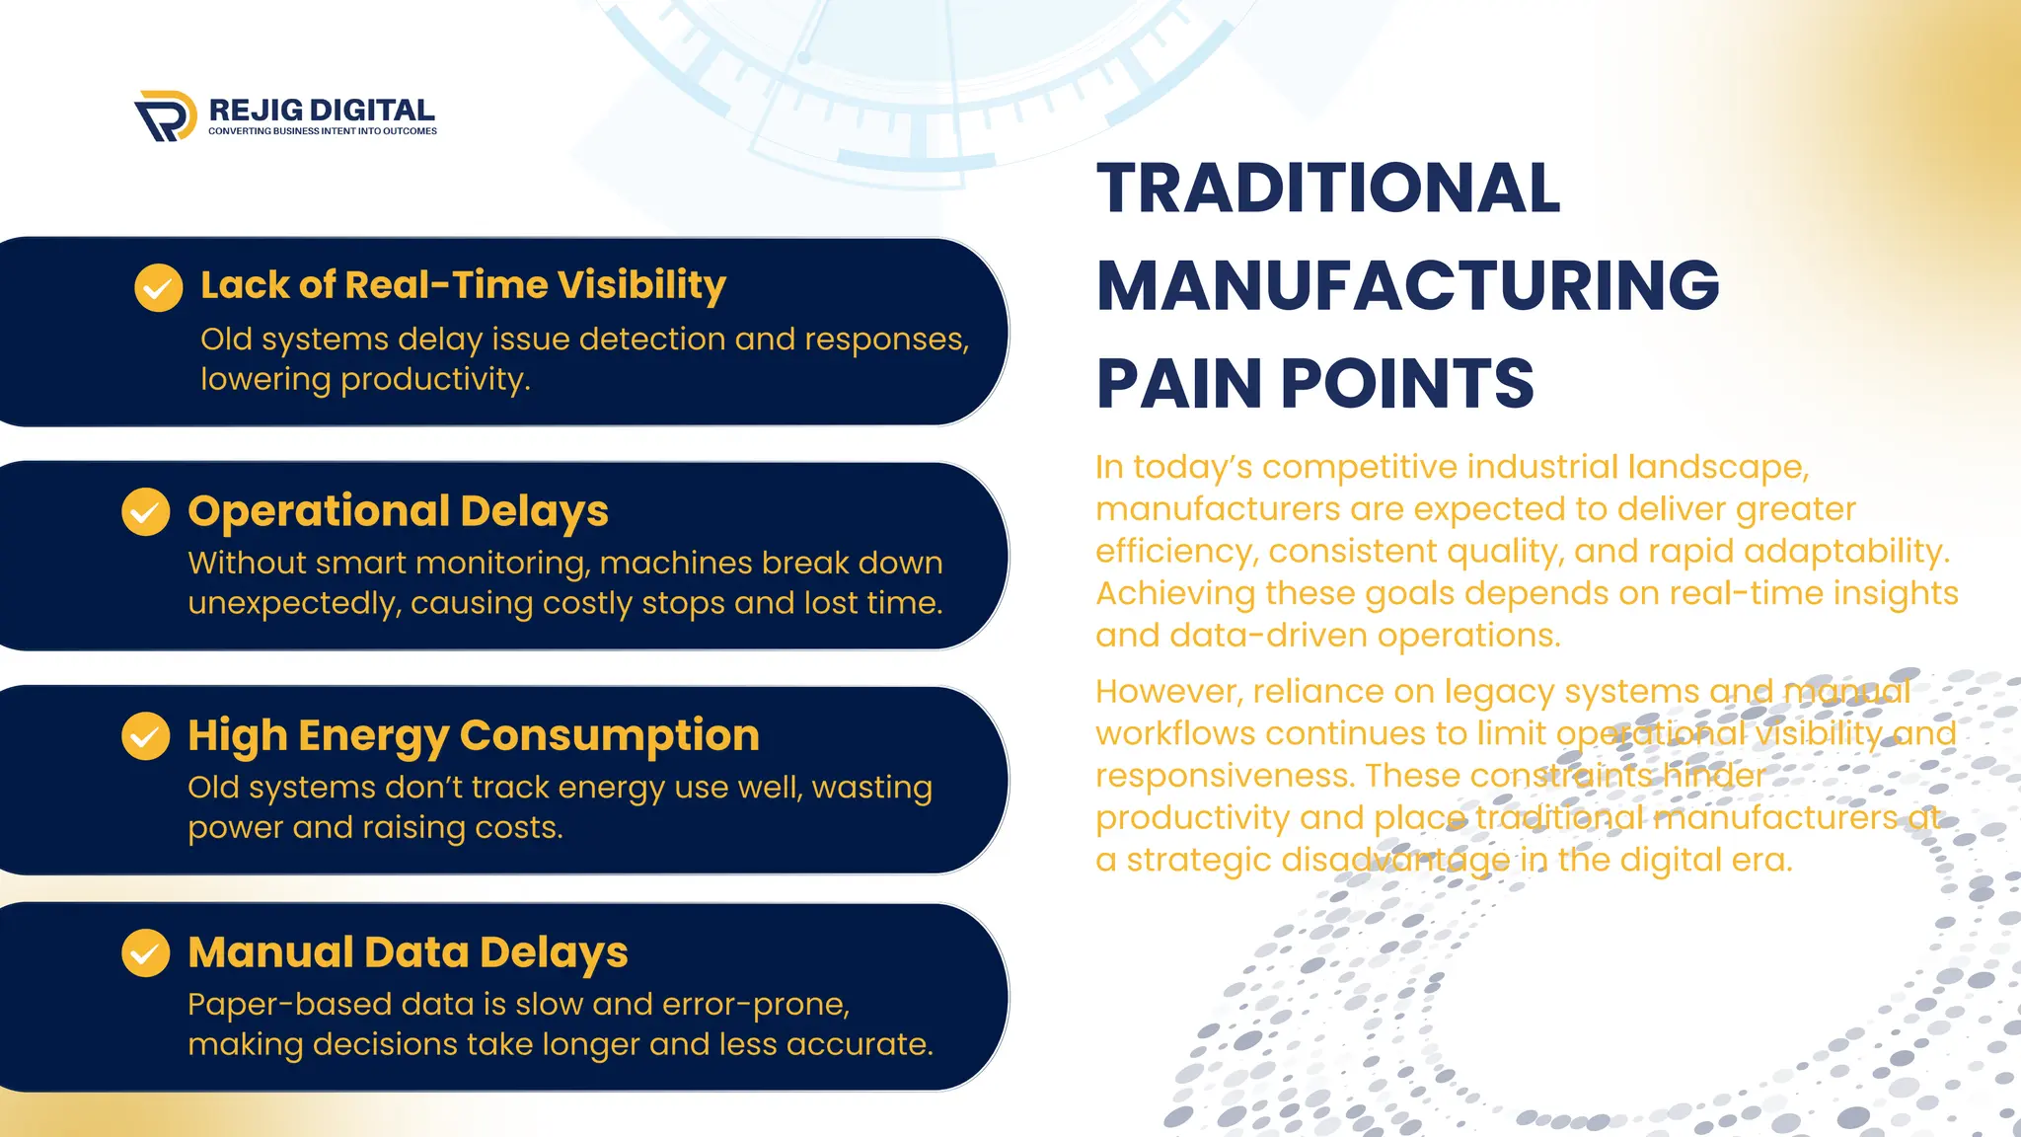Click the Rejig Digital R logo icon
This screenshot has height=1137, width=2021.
(x=165, y=116)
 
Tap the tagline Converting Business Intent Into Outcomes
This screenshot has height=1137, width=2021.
(x=322, y=131)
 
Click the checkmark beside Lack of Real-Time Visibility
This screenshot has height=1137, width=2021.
(x=159, y=287)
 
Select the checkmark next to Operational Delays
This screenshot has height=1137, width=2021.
(x=146, y=511)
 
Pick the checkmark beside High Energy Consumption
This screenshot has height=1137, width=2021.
(x=146, y=736)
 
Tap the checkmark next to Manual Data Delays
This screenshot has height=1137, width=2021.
(x=146, y=952)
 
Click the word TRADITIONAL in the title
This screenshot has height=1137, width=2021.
(x=1328, y=189)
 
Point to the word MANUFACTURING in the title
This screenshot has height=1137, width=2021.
(x=1407, y=286)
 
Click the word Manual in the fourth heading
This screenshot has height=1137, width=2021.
(x=270, y=952)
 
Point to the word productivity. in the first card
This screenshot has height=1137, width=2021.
(x=435, y=380)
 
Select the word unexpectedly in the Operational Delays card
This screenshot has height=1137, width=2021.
(x=294, y=603)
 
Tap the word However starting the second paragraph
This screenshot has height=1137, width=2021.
(x=1167, y=692)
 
